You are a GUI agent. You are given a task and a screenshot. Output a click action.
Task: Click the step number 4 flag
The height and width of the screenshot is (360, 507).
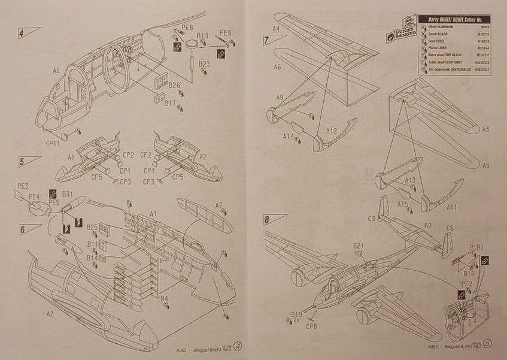point(28,32)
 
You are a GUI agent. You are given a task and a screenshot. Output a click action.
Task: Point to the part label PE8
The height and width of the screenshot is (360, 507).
point(187,27)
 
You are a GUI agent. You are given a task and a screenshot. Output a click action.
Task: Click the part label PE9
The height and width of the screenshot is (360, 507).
point(226,32)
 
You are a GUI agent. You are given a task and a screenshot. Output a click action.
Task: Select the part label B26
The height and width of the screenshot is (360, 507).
point(174,85)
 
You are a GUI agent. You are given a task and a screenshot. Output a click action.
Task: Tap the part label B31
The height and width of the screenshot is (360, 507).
point(67,193)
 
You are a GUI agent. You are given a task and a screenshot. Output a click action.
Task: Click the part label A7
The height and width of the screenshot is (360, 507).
point(219,204)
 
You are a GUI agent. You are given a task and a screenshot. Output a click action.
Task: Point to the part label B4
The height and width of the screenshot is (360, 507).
point(164,298)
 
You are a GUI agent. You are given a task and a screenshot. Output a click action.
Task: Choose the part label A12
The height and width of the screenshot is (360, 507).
point(332,131)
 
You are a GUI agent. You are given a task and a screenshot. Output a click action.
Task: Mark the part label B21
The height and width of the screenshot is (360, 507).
point(359,246)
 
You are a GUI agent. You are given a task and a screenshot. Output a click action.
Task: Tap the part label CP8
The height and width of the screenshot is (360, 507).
point(311,326)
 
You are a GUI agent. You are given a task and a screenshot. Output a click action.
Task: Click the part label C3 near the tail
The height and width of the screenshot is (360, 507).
point(371,219)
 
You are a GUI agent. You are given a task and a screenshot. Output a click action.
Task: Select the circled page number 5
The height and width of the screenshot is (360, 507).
point(488,344)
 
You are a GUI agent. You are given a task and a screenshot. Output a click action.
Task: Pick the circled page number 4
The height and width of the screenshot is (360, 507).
point(238,346)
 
